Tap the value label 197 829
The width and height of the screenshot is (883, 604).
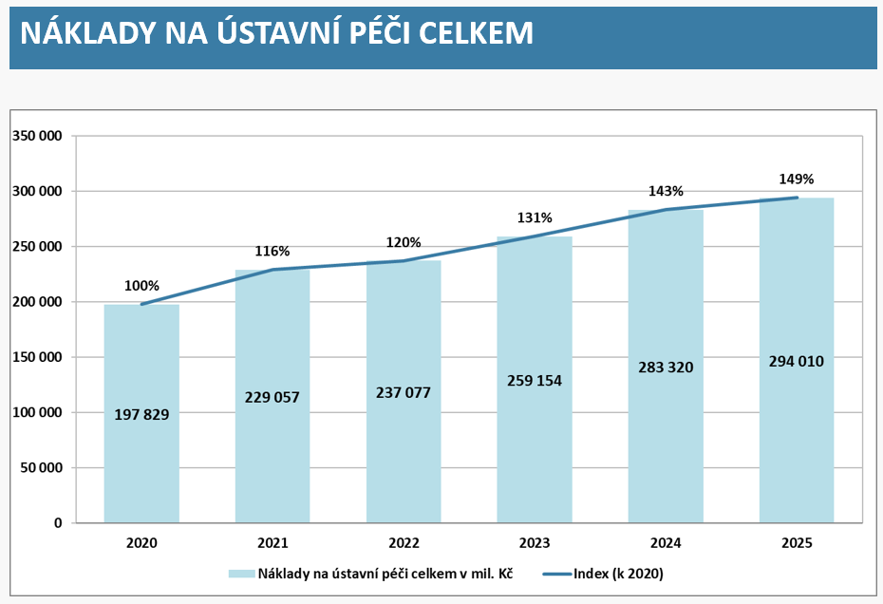141,414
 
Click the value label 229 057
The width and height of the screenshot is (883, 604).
272,397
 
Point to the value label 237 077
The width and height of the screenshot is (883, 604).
404,392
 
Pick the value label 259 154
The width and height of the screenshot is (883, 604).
535,381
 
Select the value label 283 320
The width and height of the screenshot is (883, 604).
666,367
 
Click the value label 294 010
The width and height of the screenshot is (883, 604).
797,361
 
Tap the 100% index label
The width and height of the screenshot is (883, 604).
141,286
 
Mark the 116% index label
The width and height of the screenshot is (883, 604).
272,252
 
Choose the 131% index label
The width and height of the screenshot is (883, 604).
535,217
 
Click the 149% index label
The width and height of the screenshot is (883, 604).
797,179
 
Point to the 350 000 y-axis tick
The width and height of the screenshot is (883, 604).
37,136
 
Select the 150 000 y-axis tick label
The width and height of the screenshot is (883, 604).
37,357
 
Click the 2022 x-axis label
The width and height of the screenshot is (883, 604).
404,544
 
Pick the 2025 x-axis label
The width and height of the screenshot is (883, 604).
797,544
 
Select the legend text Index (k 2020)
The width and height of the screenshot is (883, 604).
618,574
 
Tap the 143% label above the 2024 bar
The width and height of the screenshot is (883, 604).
666,191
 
